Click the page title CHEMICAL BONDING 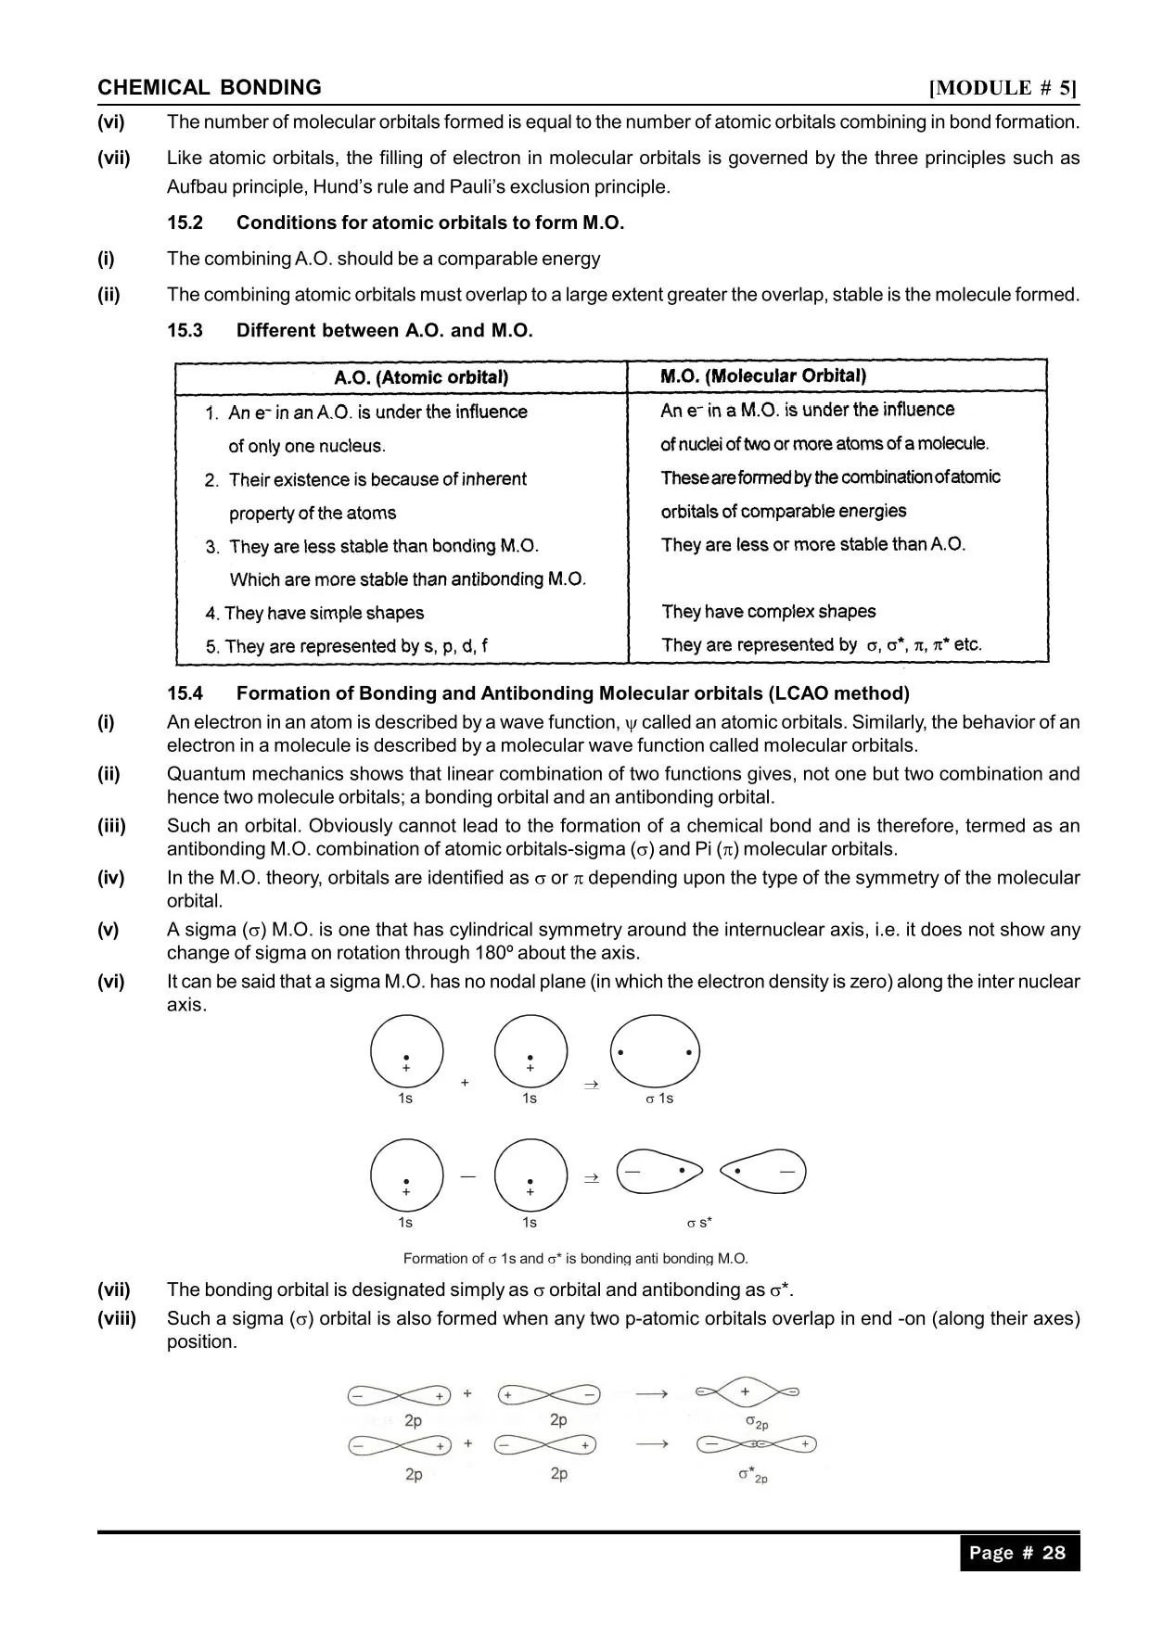tap(210, 88)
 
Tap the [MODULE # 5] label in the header tap(1003, 88)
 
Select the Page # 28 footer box tap(1019, 1554)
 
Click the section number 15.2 tap(185, 222)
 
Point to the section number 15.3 tap(185, 331)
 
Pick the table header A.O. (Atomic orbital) tap(421, 377)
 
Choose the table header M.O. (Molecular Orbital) tap(763, 375)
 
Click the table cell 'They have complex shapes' tap(769, 612)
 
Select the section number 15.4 tap(185, 693)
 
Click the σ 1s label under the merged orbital tap(659, 1099)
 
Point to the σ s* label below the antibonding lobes tap(699, 1223)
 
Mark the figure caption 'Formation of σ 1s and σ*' tap(575, 1259)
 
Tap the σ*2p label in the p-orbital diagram tap(753, 1474)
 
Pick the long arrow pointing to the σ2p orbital tap(652, 1394)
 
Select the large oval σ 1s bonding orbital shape tap(655, 1053)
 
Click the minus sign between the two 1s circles tap(467, 1176)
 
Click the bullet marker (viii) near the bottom tap(117, 1319)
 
